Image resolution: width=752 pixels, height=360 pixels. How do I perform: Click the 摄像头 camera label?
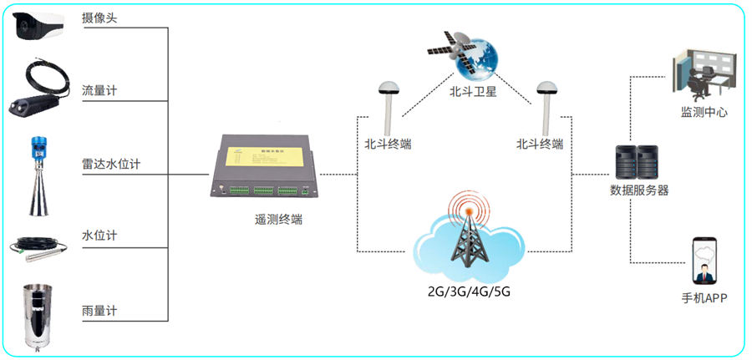pyautogui.click(x=100, y=18)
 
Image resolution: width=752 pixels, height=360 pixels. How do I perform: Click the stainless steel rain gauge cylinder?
pyautogui.click(x=36, y=316)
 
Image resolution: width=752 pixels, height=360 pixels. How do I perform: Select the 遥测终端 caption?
pyautogui.click(x=278, y=220)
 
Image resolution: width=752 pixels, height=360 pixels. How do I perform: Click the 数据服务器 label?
pyautogui.click(x=639, y=190)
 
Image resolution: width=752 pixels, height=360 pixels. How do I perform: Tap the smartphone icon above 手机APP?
pyautogui.click(x=704, y=261)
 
